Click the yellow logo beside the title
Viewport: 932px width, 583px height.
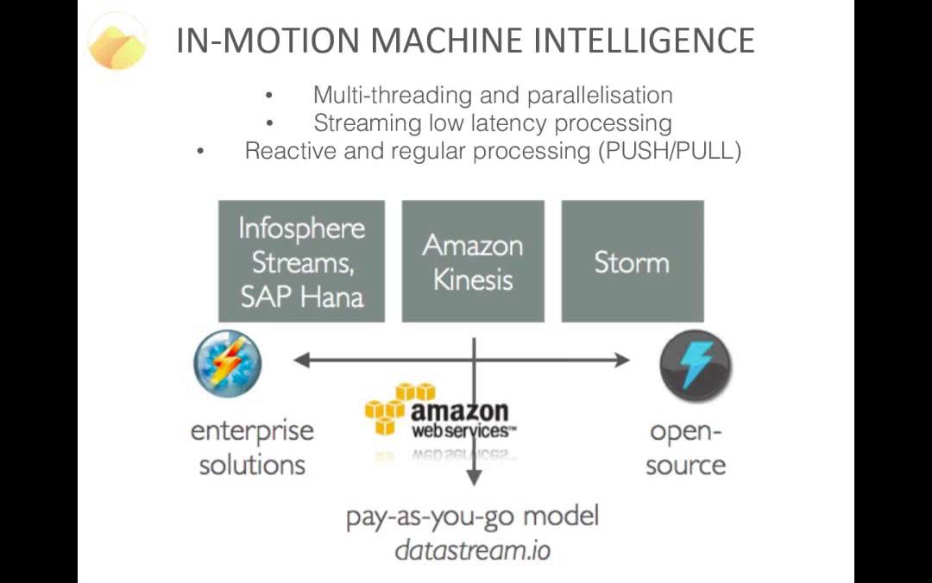pyautogui.click(x=118, y=41)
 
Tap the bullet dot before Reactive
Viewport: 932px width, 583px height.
pyautogui.click(x=201, y=152)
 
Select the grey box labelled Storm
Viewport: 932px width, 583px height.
pyautogui.click(x=632, y=261)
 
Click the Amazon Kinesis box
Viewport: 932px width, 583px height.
pyautogui.click(x=473, y=261)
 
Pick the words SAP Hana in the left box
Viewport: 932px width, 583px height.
pyautogui.click(x=302, y=297)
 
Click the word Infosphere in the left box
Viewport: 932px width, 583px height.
pyautogui.click(x=302, y=229)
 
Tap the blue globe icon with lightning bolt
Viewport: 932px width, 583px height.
pyautogui.click(x=227, y=362)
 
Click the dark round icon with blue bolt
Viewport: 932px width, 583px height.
pyautogui.click(x=696, y=365)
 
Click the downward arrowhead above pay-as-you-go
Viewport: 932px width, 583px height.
pyautogui.click(x=473, y=480)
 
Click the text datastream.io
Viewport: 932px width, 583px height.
pyautogui.click(x=472, y=549)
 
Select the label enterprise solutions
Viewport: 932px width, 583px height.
pyautogui.click(x=252, y=448)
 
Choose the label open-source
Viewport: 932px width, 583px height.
pyautogui.click(x=686, y=448)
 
